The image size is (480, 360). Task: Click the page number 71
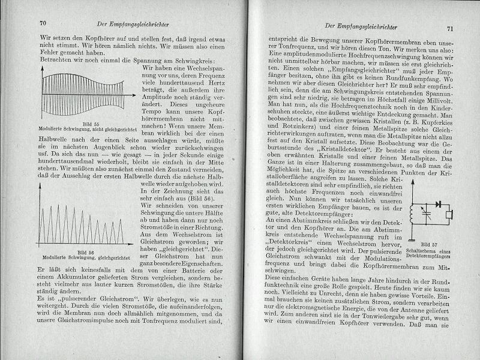[450, 28]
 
